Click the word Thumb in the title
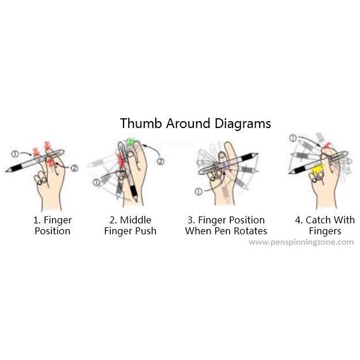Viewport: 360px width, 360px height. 141,123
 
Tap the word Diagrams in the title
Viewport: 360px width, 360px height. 243,124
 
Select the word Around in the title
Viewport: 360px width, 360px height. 188,123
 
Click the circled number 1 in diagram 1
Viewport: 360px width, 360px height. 14,154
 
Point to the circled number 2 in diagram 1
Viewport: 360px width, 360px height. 74,168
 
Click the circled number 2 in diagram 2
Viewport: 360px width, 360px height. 160,162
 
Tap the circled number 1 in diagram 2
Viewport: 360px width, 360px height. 96,182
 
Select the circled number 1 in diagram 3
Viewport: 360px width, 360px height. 198,192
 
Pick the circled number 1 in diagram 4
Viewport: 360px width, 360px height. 292,138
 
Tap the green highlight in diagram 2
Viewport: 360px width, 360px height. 131,142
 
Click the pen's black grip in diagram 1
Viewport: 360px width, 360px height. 17,168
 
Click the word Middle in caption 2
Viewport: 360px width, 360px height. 136,220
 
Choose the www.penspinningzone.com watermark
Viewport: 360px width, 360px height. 301,242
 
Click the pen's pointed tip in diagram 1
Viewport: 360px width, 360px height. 6,171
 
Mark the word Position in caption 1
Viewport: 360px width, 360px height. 52,231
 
